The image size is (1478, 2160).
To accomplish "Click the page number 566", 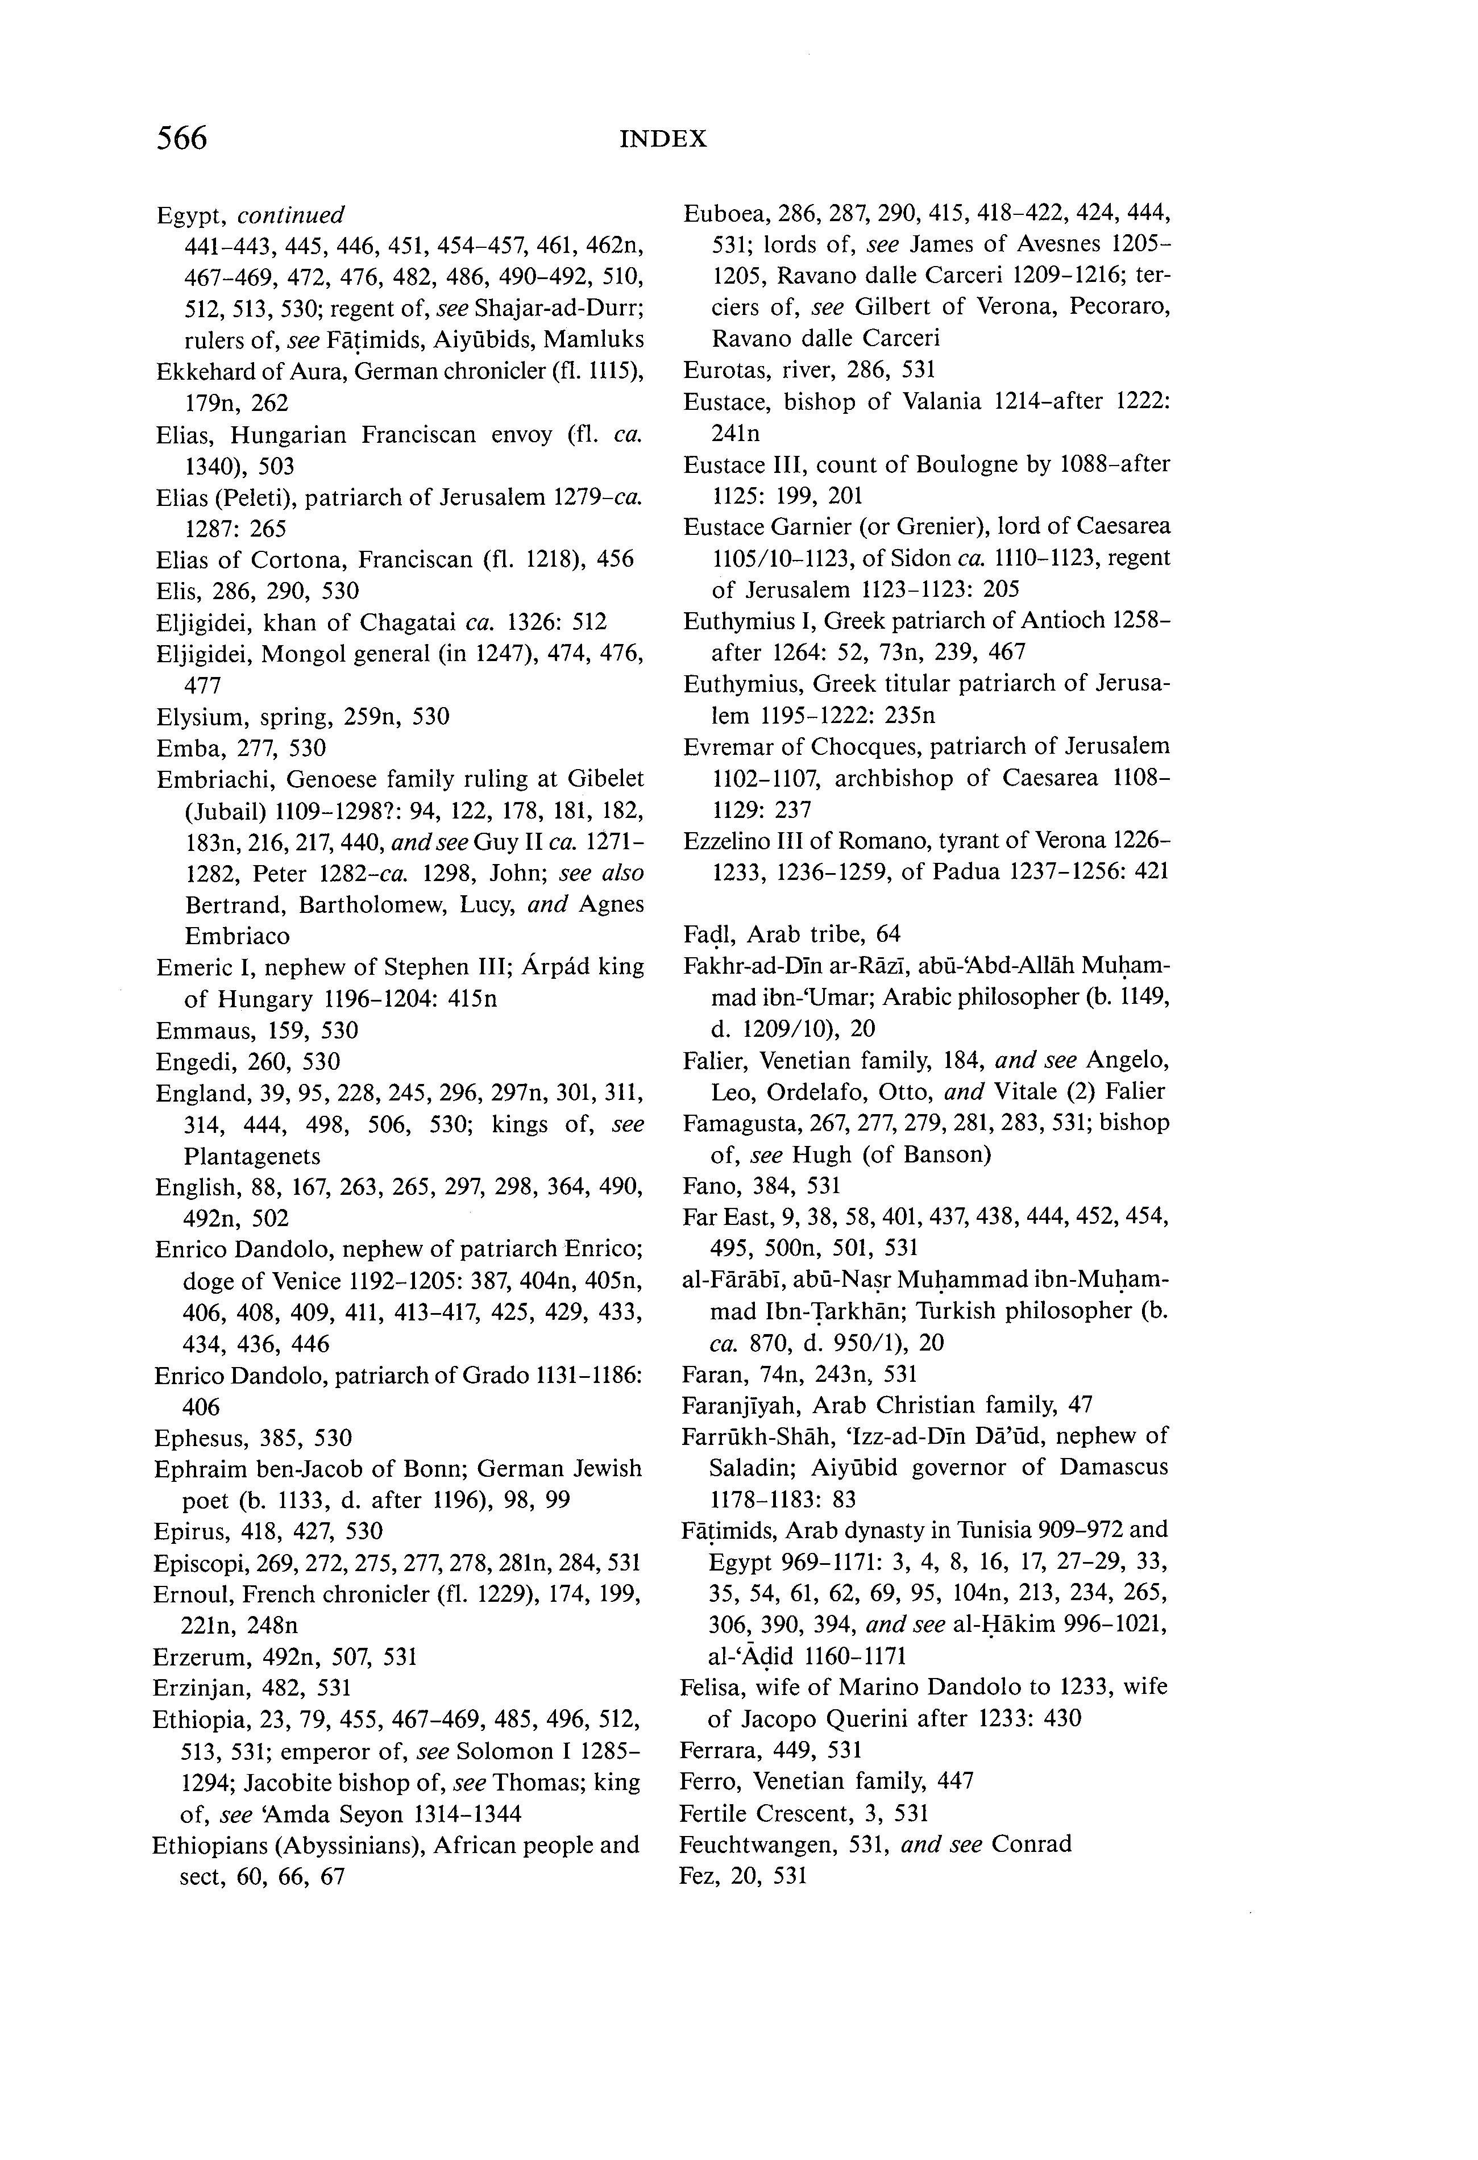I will click(x=182, y=139).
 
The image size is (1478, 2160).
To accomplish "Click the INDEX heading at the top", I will click(x=663, y=139).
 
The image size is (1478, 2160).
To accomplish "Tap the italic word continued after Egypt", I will click(x=291, y=215).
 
